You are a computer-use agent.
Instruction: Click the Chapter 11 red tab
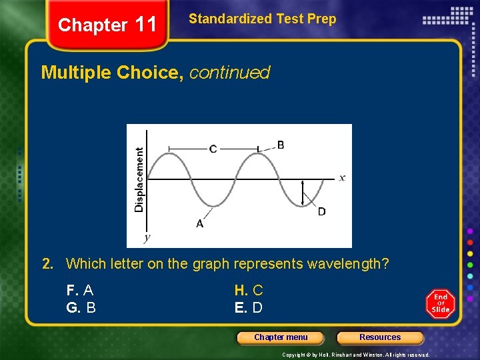pos(107,25)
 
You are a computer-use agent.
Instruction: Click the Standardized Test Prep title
pos(262,19)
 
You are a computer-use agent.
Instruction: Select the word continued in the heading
pos(229,73)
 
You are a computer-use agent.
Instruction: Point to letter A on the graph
pos(199,224)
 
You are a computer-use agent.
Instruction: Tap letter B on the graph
pos(281,145)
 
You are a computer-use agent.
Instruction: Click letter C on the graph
pos(213,149)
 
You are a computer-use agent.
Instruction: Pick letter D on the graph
pos(321,211)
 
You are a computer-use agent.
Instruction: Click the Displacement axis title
pos(139,180)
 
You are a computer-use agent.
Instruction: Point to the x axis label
pos(341,177)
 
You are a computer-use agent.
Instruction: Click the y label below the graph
pos(147,237)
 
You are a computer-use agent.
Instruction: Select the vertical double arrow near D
pos(304,193)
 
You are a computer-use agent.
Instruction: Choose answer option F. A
pos(80,291)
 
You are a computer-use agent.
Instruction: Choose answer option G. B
pos(81,308)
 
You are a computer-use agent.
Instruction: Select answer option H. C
pos(248,291)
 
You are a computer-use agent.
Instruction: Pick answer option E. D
pos(248,308)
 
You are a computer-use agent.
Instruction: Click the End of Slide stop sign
pos(441,303)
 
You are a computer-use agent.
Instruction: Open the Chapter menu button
pos(281,337)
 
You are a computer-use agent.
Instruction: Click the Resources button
pos(380,337)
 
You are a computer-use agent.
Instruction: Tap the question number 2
pos(47,264)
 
